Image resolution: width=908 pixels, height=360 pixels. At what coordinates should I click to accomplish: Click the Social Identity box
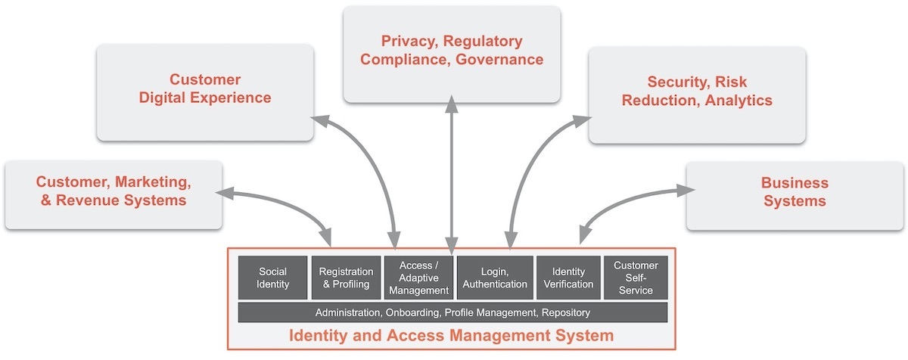272,278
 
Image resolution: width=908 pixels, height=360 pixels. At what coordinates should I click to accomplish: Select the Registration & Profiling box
346,278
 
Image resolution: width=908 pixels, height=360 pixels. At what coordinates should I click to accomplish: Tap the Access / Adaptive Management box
418,278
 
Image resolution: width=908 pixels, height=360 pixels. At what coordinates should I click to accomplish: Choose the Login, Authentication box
495,278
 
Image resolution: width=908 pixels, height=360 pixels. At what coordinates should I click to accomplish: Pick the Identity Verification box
569,278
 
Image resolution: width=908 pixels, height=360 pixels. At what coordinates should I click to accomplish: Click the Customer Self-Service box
636,278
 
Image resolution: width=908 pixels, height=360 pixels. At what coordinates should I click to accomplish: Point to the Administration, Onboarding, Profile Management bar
452,312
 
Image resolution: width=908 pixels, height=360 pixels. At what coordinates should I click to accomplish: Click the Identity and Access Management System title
451,334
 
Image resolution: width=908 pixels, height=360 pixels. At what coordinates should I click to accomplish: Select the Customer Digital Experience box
205,89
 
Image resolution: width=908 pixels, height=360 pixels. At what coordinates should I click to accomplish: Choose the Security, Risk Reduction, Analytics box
697,91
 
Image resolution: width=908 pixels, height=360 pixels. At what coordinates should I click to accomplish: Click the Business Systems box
794,192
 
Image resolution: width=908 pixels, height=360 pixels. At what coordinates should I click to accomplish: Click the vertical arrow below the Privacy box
452,174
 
